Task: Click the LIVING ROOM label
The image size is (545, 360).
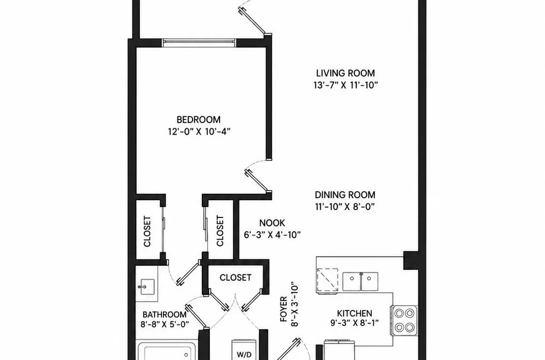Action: [345, 73]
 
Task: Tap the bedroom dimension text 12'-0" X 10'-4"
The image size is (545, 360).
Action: [199, 132]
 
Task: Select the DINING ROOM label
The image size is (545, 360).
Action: [345, 195]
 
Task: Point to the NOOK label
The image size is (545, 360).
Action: [272, 223]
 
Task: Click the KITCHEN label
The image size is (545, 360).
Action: [355, 313]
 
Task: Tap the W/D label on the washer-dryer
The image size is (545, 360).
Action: [244, 355]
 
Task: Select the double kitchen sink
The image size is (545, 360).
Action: [360, 282]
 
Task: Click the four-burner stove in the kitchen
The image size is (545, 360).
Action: [404, 320]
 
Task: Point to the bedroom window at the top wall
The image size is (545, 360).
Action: [199, 43]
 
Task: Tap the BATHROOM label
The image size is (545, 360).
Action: [165, 315]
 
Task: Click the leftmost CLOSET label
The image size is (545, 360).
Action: [147, 231]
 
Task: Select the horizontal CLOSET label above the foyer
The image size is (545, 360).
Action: [235, 278]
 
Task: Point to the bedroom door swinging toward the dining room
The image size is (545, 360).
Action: [258, 181]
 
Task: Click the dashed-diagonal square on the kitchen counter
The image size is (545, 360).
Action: [327, 280]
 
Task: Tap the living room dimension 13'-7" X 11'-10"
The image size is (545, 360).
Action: [345, 85]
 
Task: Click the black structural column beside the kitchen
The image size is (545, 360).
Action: [410, 260]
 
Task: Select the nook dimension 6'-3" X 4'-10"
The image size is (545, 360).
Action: [272, 235]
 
